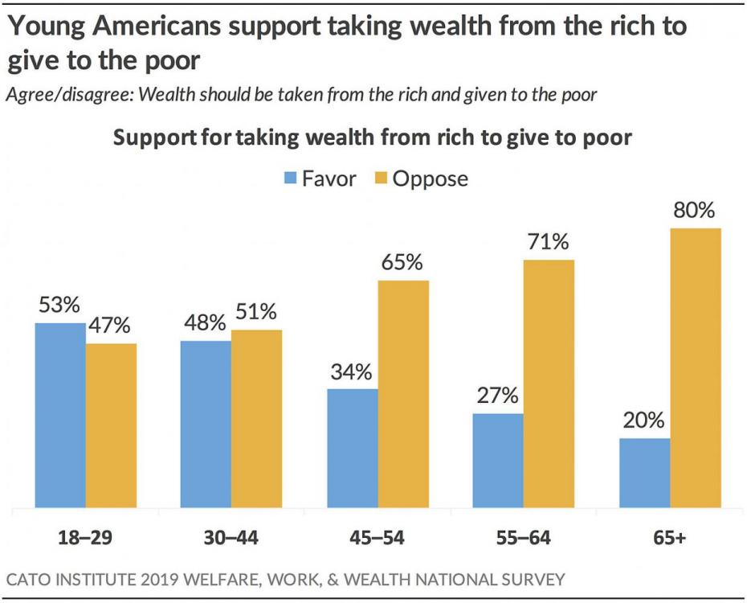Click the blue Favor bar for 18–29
pyautogui.click(x=60, y=416)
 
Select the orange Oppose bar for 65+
pyautogui.click(x=696, y=368)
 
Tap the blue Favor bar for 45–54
pyautogui.click(x=353, y=449)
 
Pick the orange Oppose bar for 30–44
pyautogui.click(x=256, y=419)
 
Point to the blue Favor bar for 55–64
pyautogui.click(x=498, y=461)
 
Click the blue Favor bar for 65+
pyautogui.click(x=644, y=474)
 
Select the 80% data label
pyautogui.click(x=694, y=211)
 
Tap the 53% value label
pyautogui.click(x=58, y=306)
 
